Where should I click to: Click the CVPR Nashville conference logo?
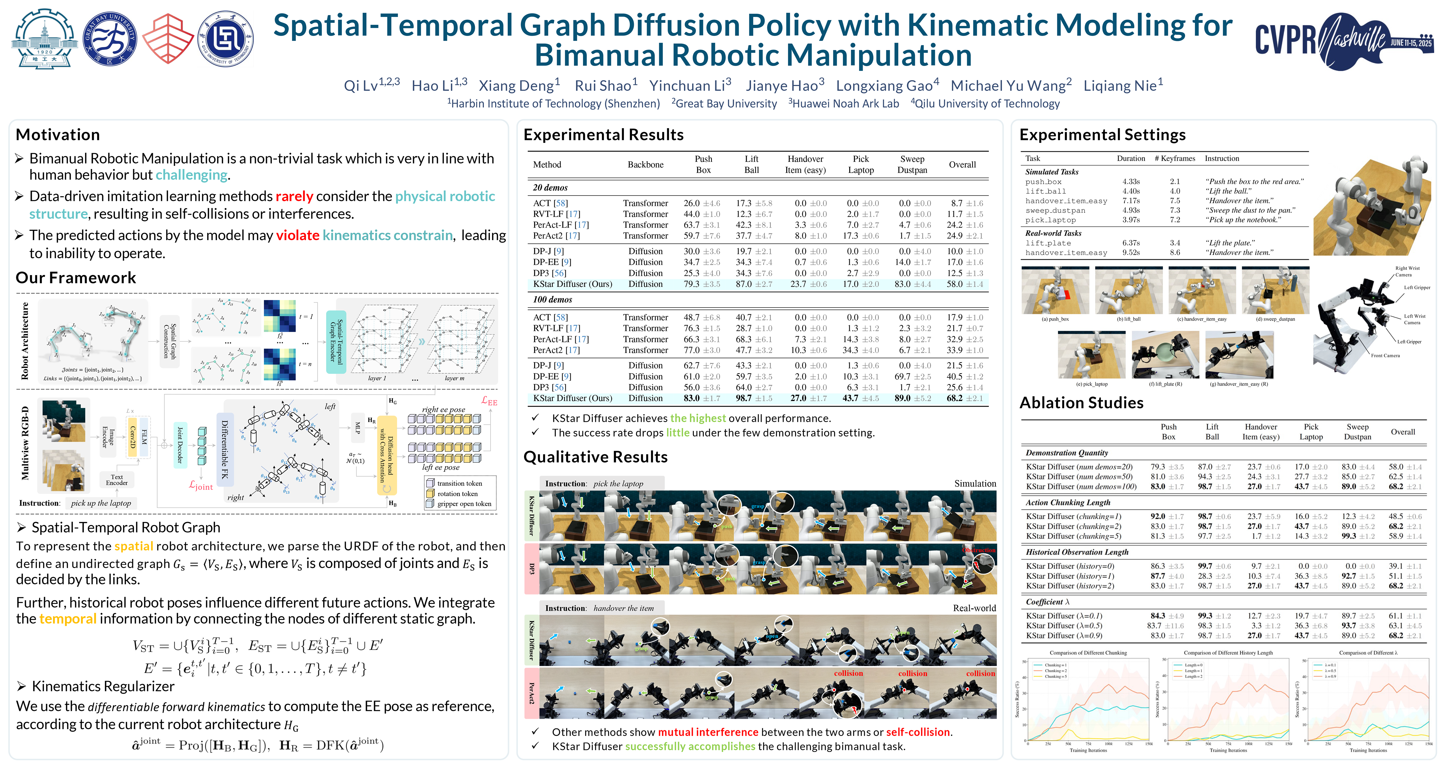pyautogui.click(x=1342, y=40)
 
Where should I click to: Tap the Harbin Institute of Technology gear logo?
pyautogui.click(x=45, y=38)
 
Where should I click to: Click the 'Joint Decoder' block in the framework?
pyautogui.click(x=180, y=445)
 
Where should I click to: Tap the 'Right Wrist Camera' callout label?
pyautogui.click(x=1407, y=271)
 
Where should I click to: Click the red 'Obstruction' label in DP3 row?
pyautogui.click(x=978, y=550)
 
